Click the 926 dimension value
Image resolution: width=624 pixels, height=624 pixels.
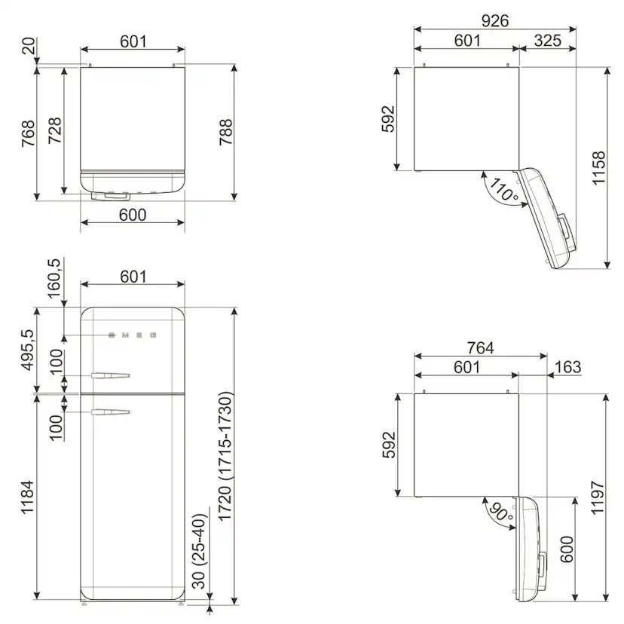click(494, 20)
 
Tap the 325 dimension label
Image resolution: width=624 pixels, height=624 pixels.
click(548, 40)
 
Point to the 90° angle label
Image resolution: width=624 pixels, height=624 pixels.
click(500, 512)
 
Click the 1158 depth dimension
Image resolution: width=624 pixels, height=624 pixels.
click(598, 167)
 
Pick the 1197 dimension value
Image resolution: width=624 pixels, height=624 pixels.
click(598, 497)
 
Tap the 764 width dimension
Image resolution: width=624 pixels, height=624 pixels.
click(480, 348)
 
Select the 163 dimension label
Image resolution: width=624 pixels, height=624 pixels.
click(568, 367)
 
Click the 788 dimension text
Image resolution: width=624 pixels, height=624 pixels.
click(225, 132)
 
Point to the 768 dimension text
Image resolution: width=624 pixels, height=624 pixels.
click(28, 133)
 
